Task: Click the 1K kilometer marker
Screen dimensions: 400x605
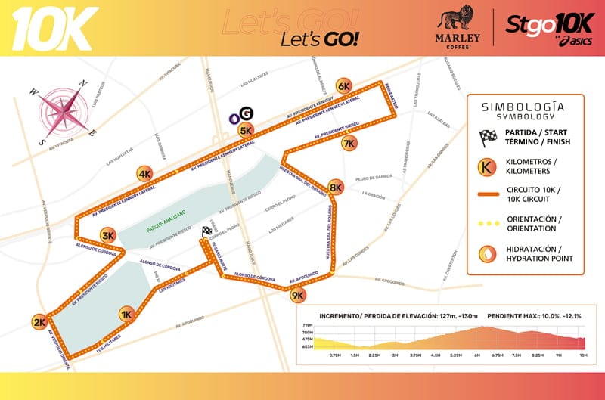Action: [x=127, y=314]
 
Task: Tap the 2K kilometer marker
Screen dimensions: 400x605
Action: [x=39, y=323]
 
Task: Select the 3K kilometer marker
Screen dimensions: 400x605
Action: [x=108, y=235]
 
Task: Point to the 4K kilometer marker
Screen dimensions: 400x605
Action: [x=145, y=174]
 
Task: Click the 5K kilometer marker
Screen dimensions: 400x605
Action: [x=246, y=130]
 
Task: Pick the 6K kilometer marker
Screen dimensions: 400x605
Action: [x=344, y=85]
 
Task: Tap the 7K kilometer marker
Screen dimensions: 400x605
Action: [x=349, y=143]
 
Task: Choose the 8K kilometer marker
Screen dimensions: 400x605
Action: [x=337, y=187]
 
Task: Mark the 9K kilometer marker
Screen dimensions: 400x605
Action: [x=297, y=296]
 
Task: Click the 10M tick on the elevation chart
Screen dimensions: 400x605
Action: [x=583, y=354]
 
